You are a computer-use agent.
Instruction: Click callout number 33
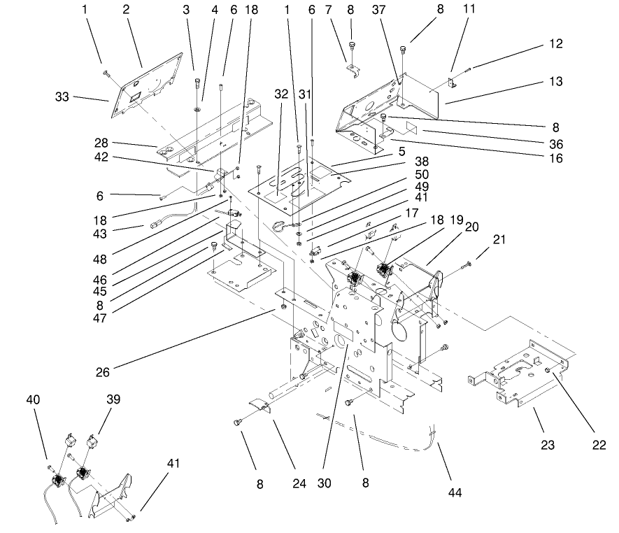coord(62,97)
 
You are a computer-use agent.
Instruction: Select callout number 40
coord(34,399)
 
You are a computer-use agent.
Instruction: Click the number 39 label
coord(113,399)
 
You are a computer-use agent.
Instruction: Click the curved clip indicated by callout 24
coord(262,405)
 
